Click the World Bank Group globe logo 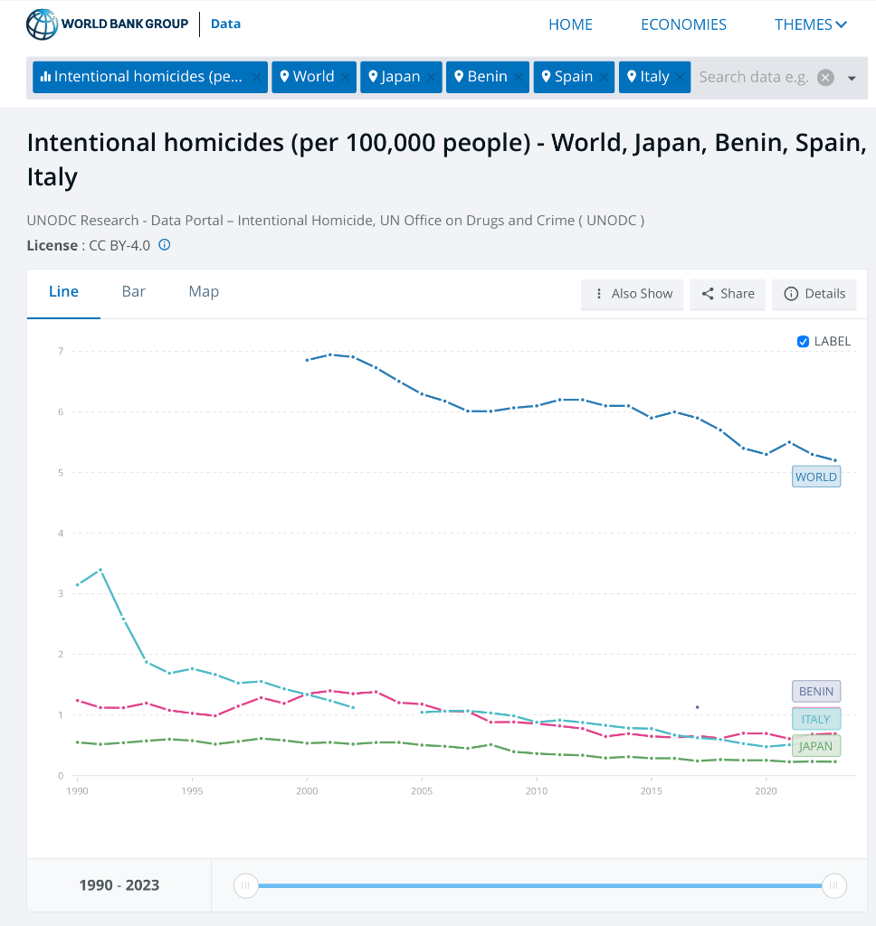[42, 24]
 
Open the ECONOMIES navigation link [683, 24]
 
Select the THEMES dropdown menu [810, 24]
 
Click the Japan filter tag [394, 77]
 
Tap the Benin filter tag [481, 77]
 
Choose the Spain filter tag [567, 77]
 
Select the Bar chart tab [134, 291]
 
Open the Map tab [204, 291]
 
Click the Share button [728, 294]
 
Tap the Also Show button [633, 294]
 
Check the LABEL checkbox [803, 342]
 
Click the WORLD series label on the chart [816, 477]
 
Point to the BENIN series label [816, 692]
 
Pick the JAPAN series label [816, 746]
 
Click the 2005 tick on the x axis [422, 791]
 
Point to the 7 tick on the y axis [61, 351]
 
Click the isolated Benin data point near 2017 [698, 707]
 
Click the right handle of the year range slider [833, 885]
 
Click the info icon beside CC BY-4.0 [165, 245]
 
